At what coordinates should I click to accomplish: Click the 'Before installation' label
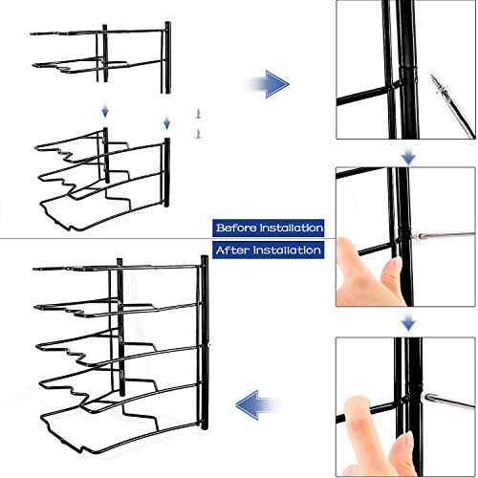(269, 228)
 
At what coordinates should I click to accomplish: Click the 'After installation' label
(269, 250)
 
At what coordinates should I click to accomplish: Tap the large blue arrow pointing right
(267, 84)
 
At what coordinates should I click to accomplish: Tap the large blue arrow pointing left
(259, 405)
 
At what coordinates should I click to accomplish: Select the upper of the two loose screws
(198, 114)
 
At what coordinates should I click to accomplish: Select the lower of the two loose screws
(199, 133)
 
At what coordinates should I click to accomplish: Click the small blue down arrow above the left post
(105, 112)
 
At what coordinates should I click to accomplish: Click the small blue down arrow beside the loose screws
(166, 122)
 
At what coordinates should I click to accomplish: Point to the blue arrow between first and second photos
(408, 156)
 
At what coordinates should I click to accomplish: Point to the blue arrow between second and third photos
(408, 322)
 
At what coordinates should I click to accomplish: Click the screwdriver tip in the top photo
(433, 77)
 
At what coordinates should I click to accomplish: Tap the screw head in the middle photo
(414, 237)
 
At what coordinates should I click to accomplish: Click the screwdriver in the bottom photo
(449, 402)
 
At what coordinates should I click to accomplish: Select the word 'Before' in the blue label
(236, 228)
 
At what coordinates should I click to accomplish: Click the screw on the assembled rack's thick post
(208, 344)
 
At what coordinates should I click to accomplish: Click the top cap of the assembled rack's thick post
(205, 258)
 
